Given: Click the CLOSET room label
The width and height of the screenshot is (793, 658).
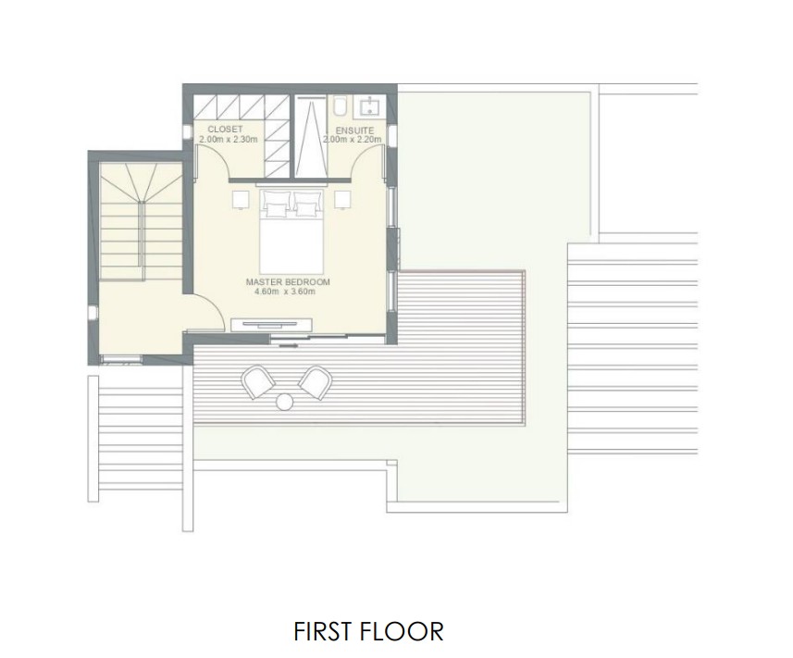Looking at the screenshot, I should point(226,130).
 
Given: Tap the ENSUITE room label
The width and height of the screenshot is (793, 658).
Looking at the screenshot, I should point(354,130).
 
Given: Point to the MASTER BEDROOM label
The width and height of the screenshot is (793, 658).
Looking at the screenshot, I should point(287,281).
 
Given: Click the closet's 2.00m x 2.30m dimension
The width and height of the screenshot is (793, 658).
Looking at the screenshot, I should point(227,139).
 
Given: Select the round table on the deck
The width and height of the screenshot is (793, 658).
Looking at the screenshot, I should point(285,401).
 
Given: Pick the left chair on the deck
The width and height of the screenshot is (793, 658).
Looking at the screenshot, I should point(256,381).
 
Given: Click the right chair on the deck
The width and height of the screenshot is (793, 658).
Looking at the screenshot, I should point(315,379).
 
